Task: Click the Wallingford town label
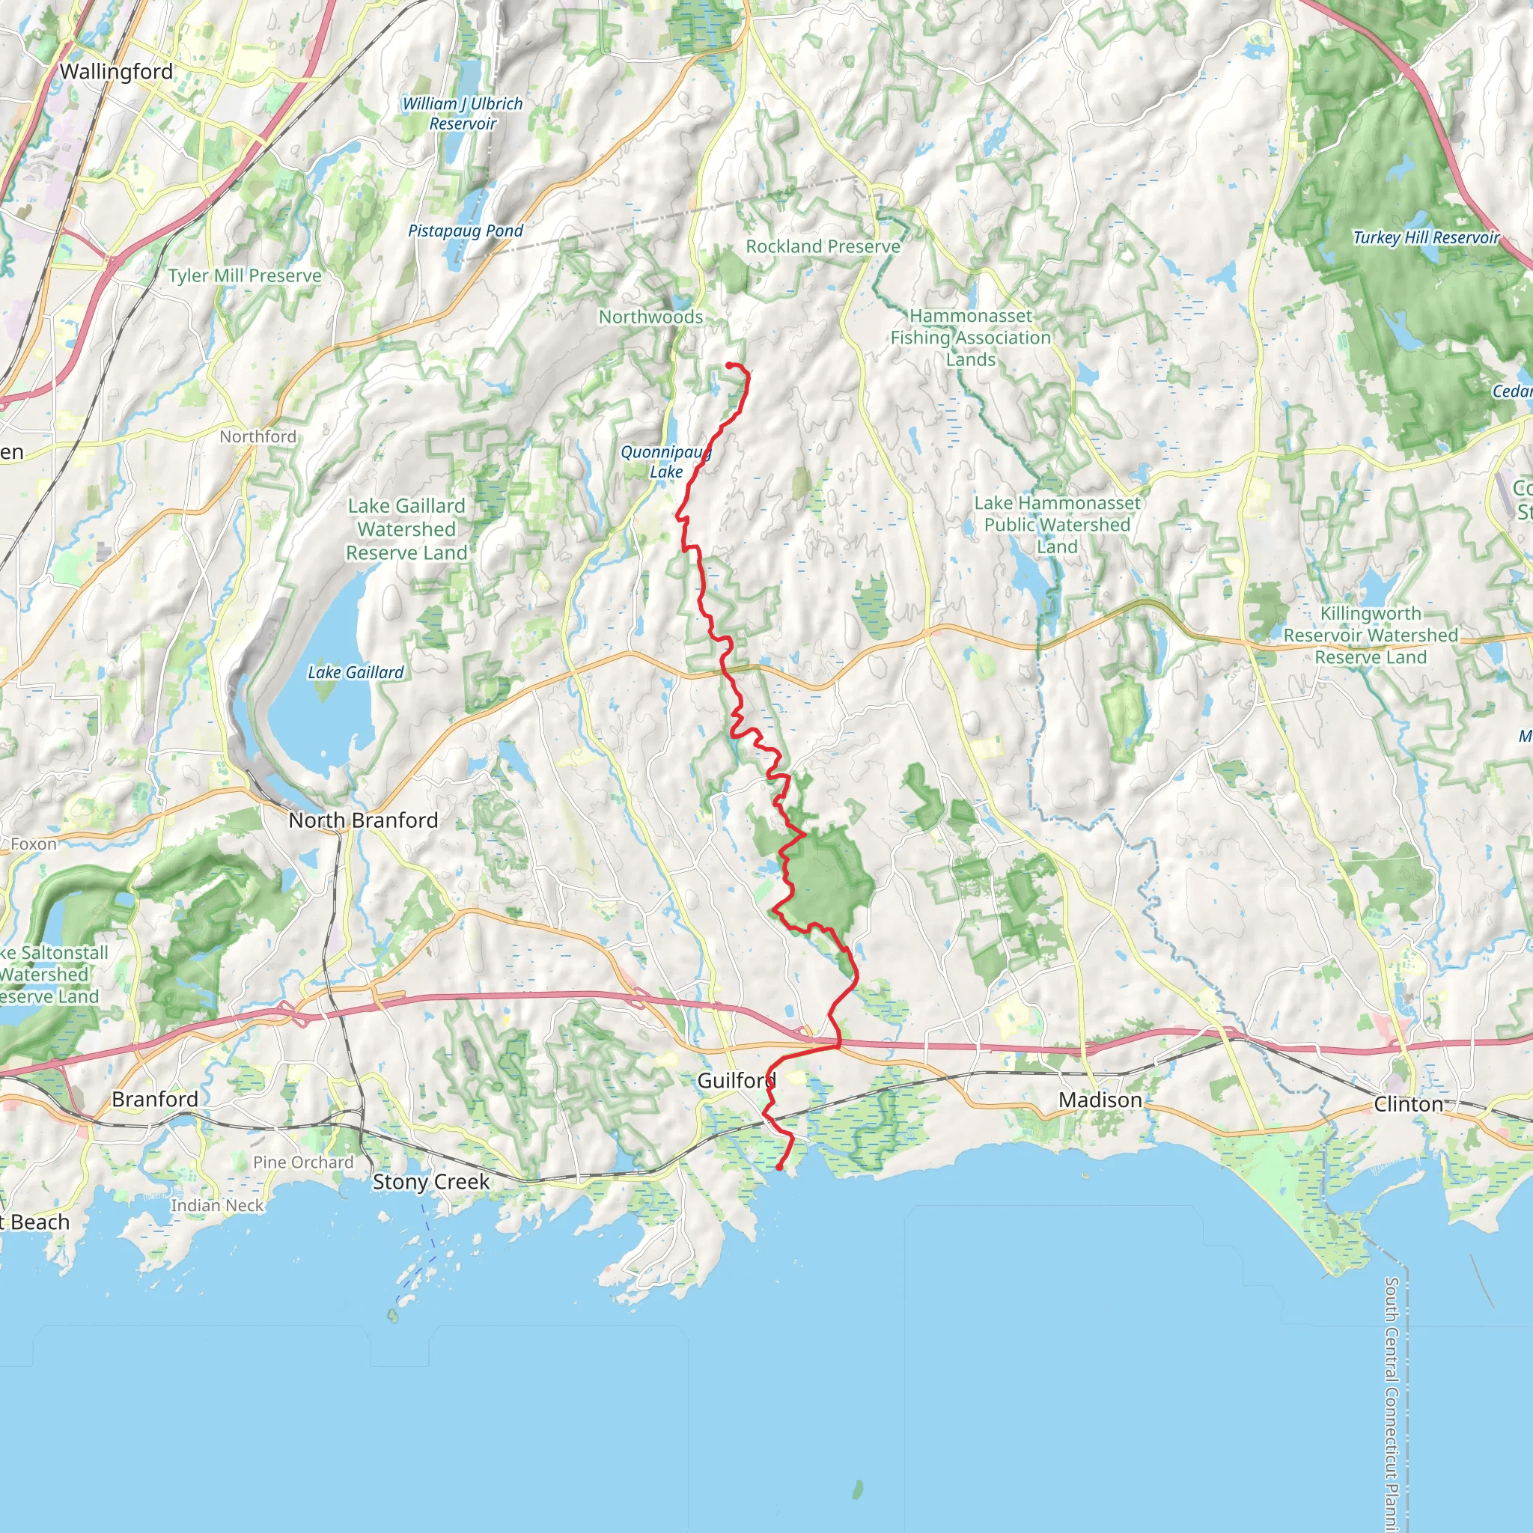point(116,71)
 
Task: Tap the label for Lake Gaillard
point(356,672)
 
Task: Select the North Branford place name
point(362,820)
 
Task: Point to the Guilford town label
point(736,1080)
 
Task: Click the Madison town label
point(1100,1100)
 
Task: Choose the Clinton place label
point(1408,1104)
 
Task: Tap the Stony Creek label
point(431,1181)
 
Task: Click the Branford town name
point(155,1099)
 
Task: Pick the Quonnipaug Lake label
point(665,462)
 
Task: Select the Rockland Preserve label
point(823,246)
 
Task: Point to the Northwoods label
point(650,317)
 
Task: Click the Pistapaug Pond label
point(466,231)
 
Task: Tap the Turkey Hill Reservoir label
point(1426,237)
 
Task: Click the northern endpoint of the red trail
point(728,365)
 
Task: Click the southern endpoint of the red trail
point(779,1167)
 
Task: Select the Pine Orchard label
point(303,1162)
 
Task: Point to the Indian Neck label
point(216,1205)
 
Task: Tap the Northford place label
point(258,436)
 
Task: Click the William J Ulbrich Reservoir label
point(463,114)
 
